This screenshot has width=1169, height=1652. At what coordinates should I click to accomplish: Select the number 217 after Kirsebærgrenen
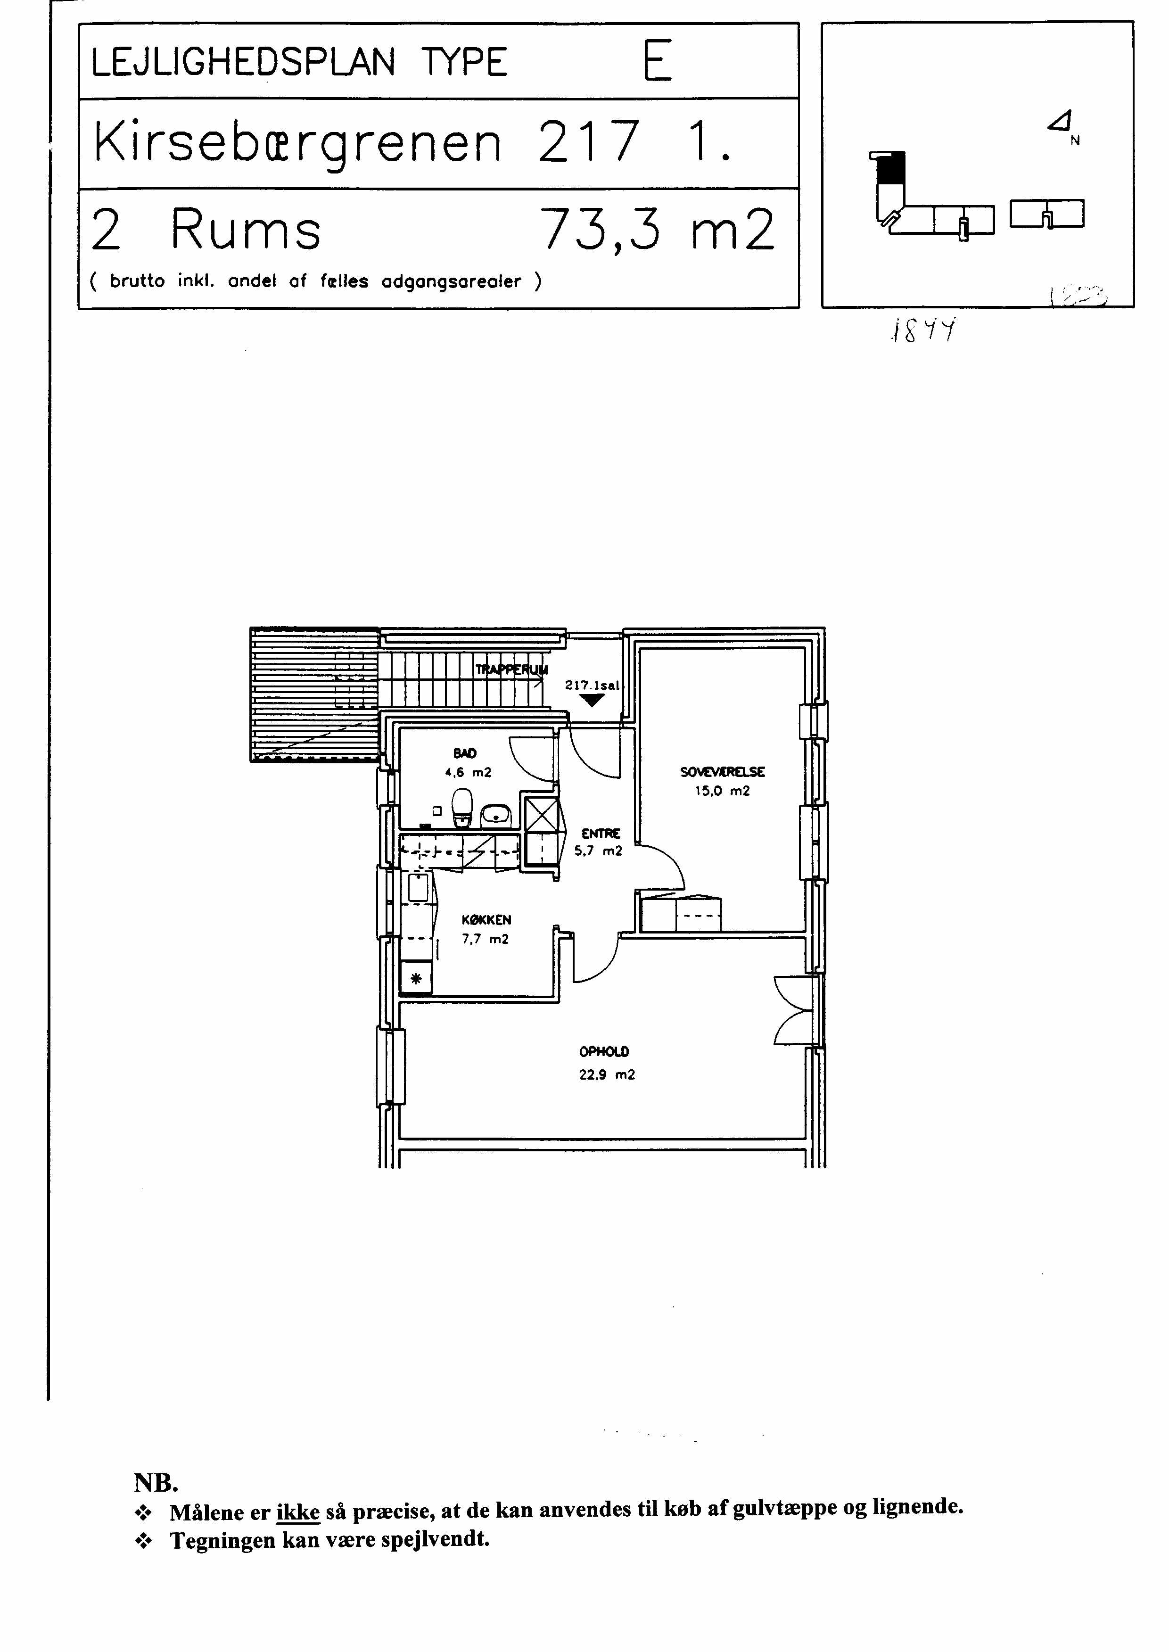coord(588,142)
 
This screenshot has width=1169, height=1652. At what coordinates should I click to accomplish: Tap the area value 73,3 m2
coord(658,229)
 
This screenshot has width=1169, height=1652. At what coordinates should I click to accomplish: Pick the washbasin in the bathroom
coord(495,814)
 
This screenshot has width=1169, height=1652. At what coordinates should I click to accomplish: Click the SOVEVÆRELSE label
coord(722,772)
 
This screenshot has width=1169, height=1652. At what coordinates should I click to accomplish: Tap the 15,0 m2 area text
coord(722,791)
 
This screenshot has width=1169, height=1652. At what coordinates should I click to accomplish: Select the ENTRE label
coord(601,834)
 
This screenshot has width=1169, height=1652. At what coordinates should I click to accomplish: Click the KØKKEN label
coord(486,920)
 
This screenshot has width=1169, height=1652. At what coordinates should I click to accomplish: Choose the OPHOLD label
coord(604,1052)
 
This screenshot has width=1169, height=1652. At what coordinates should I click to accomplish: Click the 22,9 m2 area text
coord(607,1075)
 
